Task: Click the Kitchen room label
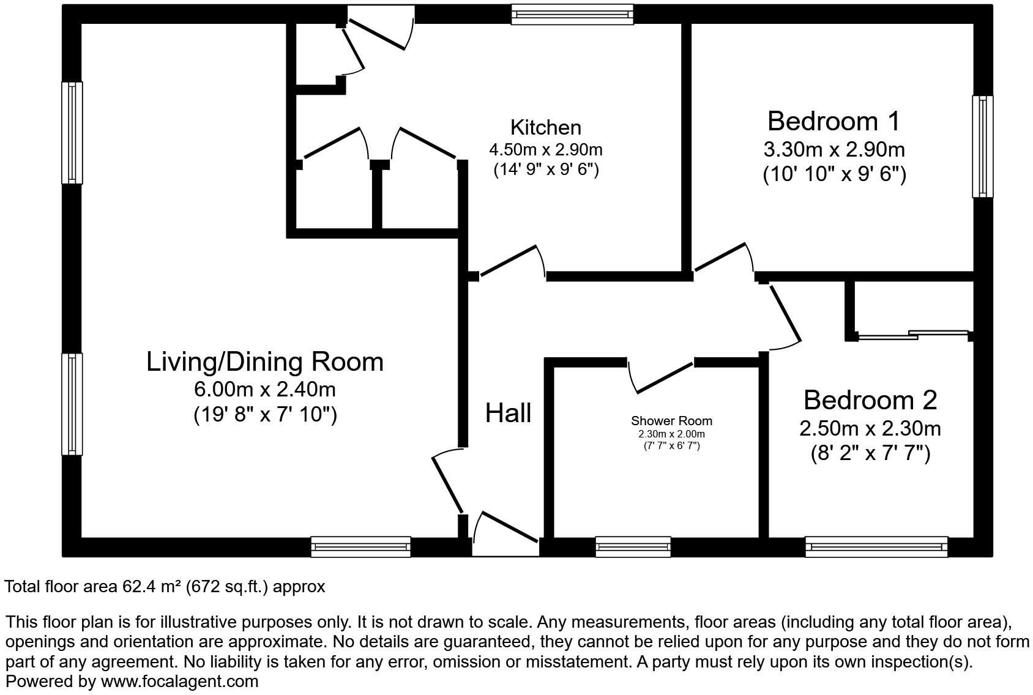coord(545,128)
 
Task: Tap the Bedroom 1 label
coord(833,121)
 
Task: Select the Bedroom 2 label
coord(870,400)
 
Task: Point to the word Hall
coord(508,414)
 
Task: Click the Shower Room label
coord(671,421)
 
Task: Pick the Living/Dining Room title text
coord(264,362)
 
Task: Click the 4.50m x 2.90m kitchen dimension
coord(545,149)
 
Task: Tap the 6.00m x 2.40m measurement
coord(264,389)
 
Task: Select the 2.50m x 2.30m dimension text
coord(870,428)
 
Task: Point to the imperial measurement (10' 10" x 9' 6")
coord(833,175)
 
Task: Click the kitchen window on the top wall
coord(572,14)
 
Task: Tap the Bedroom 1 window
coord(983,146)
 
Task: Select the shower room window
coord(633,546)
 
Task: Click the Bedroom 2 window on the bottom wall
coord(876,546)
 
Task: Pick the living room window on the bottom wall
coord(360,546)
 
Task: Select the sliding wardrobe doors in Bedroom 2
coord(912,335)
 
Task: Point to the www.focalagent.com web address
coord(179,681)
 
